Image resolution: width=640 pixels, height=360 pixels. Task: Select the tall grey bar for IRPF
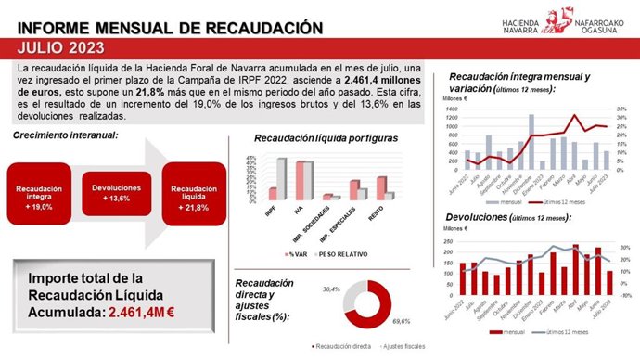[x=281, y=179]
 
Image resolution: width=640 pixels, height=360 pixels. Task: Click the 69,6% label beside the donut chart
[x=402, y=320]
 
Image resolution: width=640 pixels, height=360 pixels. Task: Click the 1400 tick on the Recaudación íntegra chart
[x=452, y=108]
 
